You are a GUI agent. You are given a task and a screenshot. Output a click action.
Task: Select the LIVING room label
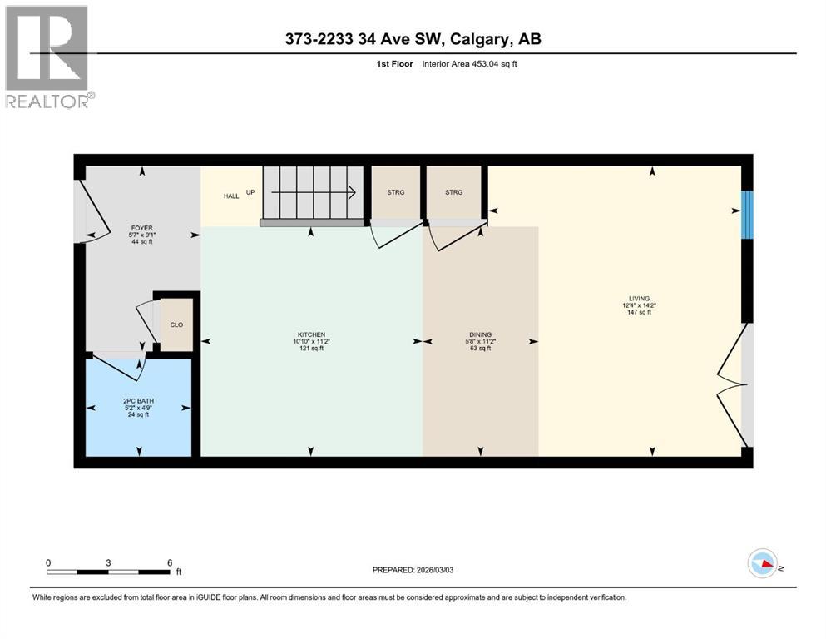click(x=639, y=298)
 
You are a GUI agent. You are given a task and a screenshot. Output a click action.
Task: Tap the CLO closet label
click(x=176, y=325)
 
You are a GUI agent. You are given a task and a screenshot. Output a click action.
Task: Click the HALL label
click(x=230, y=196)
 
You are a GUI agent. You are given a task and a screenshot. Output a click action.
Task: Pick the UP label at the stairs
click(x=250, y=192)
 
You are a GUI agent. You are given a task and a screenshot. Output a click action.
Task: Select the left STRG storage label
click(x=395, y=193)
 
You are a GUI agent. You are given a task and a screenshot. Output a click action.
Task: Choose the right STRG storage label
click(x=453, y=193)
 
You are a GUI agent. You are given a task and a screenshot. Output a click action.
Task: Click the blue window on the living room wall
click(x=746, y=215)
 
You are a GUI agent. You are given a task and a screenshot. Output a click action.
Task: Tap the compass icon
click(x=762, y=563)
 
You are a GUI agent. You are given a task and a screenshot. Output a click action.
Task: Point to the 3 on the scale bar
click(x=108, y=562)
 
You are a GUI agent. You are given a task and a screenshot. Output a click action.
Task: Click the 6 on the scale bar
click(x=169, y=562)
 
